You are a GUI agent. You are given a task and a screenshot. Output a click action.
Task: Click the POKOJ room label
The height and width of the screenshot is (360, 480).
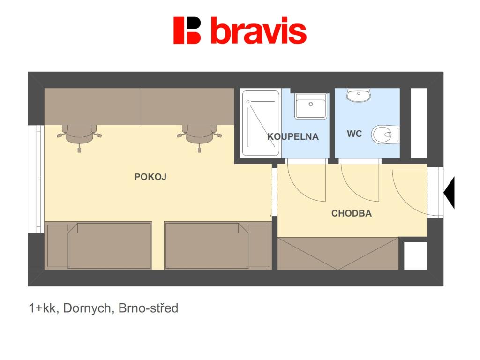(x=150, y=177)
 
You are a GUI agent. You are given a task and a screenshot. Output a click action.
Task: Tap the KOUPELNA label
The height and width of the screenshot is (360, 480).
(x=292, y=136)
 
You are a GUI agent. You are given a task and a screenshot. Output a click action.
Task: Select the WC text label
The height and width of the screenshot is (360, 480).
(x=354, y=134)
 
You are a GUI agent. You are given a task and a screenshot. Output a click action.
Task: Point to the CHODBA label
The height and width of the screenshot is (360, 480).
(x=352, y=213)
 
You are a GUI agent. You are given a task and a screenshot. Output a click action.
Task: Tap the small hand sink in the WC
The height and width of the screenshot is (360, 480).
(x=359, y=95)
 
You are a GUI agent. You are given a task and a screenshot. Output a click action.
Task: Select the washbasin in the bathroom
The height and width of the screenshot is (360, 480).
(x=310, y=106)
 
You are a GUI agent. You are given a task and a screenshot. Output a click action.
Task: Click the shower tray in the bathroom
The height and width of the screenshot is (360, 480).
(x=260, y=123)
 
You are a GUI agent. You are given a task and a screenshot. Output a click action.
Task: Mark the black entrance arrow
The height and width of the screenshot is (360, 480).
(x=449, y=192)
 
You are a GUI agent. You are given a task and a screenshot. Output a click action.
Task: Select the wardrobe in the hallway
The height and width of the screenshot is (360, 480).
(x=338, y=254)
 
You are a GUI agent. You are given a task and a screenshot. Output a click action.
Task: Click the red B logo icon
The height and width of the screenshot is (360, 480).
(x=187, y=30)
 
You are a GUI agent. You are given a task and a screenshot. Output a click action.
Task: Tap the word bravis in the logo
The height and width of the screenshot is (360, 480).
(x=258, y=31)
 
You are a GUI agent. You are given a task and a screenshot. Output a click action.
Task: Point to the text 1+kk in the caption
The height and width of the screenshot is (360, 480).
(x=42, y=308)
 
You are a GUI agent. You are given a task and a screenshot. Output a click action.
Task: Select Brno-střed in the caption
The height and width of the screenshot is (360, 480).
(x=148, y=308)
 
